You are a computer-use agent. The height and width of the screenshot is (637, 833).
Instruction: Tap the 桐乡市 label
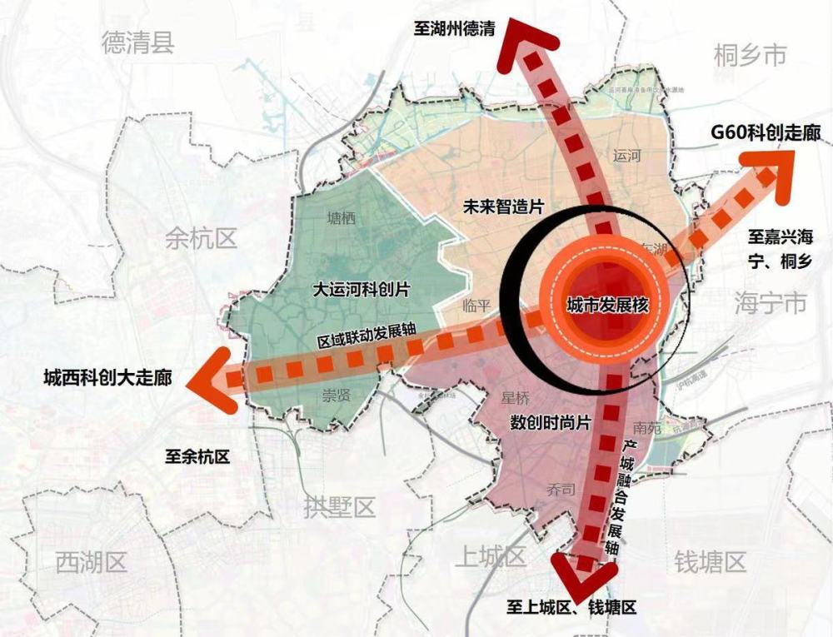[x=750, y=56]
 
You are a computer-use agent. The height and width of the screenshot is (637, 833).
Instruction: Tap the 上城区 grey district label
[x=491, y=557]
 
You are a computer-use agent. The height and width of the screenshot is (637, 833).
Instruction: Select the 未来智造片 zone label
[x=498, y=207]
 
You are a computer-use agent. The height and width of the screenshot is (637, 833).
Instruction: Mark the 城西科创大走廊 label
[x=107, y=377]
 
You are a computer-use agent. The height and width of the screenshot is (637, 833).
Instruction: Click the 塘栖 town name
[x=342, y=219]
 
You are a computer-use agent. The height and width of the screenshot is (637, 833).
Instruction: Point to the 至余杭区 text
[x=197, y=455]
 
